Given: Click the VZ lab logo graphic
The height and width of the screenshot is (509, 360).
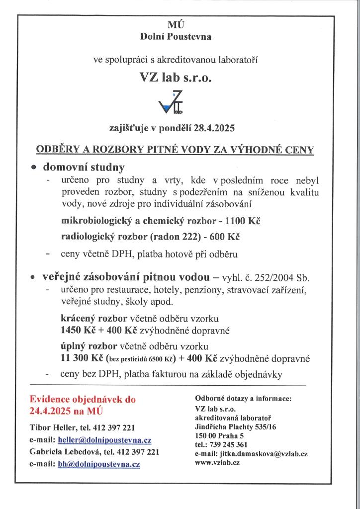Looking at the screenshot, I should pos(170,104).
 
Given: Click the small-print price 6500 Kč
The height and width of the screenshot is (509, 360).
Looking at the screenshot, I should pos(155,359).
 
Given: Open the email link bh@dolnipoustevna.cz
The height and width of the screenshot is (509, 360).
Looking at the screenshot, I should pos(98,464).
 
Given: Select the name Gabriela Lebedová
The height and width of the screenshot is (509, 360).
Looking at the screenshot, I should pos(63,452).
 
